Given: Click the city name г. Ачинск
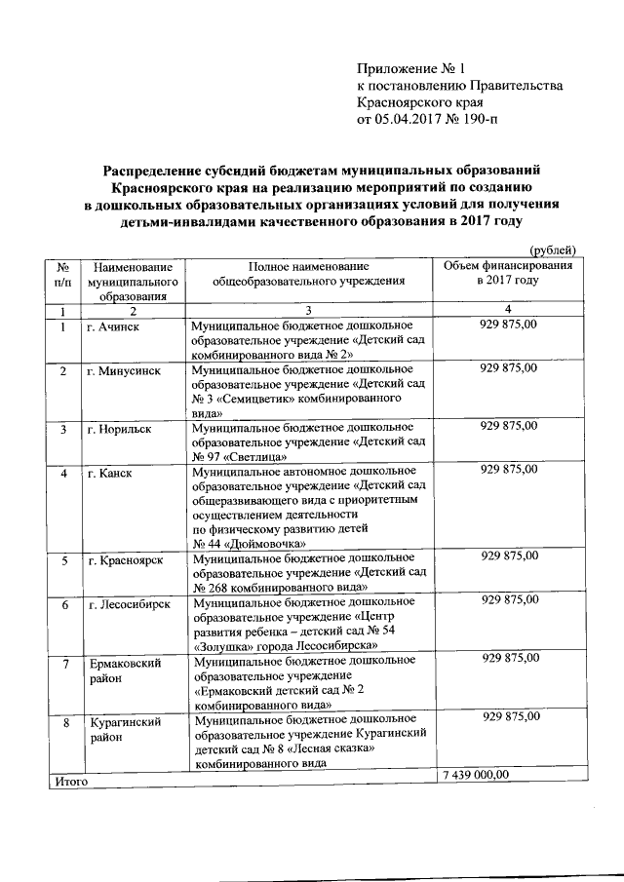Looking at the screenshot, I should coord(112,326).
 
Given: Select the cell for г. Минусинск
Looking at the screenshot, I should coord(121,371).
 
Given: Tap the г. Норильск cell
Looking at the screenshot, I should coord(118,428).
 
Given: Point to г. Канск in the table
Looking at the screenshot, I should coord(108,473).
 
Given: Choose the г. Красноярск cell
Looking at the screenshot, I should coord(124,559).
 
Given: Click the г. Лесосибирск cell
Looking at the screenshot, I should coord(129,604).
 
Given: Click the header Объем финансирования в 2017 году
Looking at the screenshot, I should coord(508,273).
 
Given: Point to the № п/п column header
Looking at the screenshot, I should coord(62,274).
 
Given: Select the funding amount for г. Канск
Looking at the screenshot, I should coord(509,472).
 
